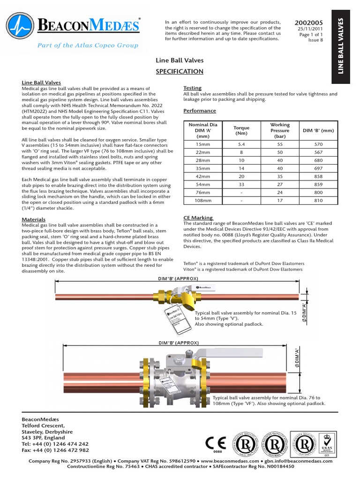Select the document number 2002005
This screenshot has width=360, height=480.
click(x=308, y=22)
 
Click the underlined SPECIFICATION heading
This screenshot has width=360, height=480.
click(x=180, y=71)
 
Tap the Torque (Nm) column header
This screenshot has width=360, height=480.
click(x=241, y=130)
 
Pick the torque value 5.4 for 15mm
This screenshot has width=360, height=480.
click(x=241, y=145)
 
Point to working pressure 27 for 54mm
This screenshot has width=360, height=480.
click(x=280, y=185)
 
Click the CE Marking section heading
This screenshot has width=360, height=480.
click(x=198, y=217)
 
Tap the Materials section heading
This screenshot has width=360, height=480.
click(x=34, y=219)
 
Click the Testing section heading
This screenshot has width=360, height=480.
click(x=192, y=88)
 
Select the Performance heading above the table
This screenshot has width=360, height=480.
click(x=200, y=111)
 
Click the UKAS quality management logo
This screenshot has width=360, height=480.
click(x=327, y=443)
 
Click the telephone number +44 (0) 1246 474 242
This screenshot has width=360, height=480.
click(x=55, y=443)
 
